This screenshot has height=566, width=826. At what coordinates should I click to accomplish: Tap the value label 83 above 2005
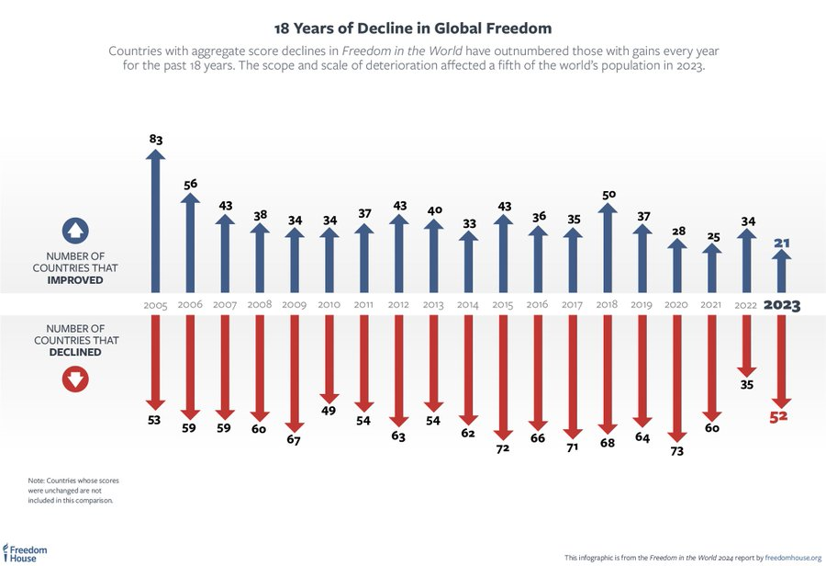click(x=155, y=139)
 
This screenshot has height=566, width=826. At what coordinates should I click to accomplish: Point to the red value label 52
click(x=779, y=416)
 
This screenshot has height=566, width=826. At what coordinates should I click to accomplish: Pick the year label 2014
click(x=468, y=304)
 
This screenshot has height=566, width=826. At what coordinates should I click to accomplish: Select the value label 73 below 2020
click(x=677, y=451)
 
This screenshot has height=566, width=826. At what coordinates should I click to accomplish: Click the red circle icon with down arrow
click(x=76, y=377)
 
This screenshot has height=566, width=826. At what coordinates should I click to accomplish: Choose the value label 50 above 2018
click(x=608, y=195)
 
